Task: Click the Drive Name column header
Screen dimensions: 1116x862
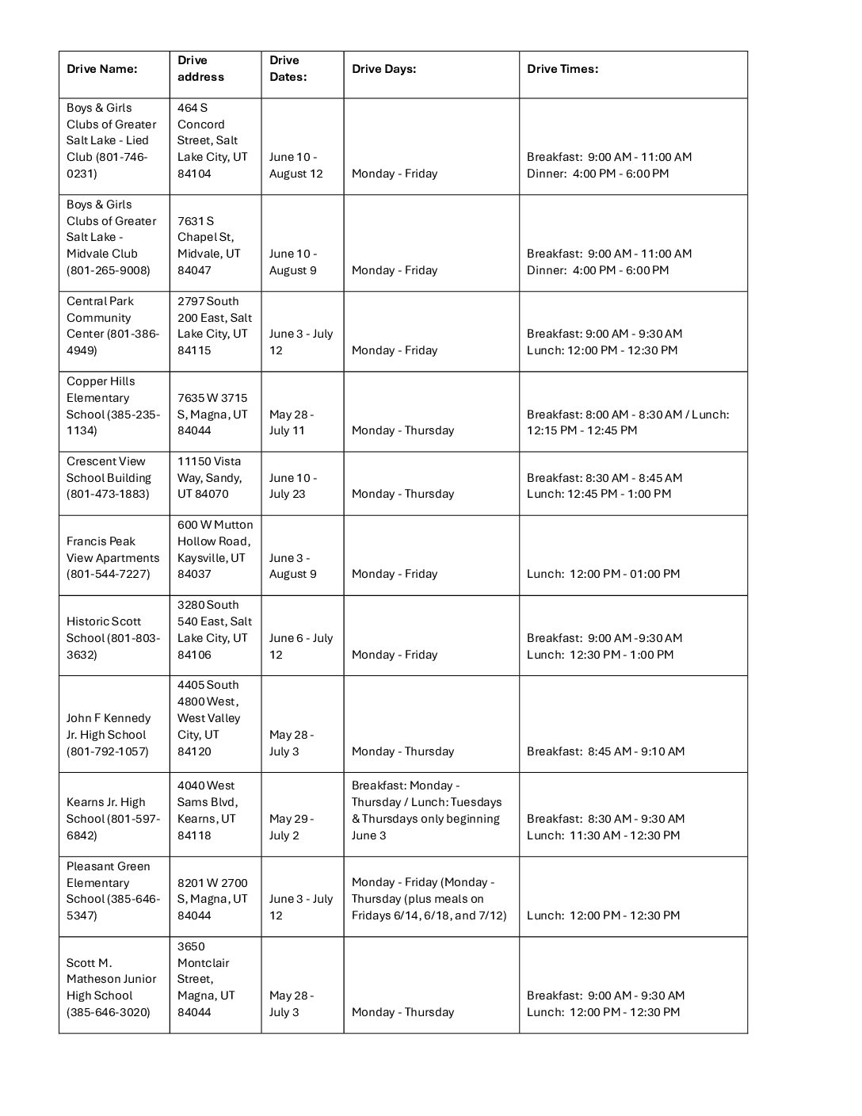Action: (x=102, y=69)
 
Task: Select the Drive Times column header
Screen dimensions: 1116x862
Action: (x=563, y=69)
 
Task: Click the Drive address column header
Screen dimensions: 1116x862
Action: (x=200, y=69)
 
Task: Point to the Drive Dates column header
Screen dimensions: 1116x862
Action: (x=288, y=69)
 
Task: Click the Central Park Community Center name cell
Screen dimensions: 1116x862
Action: (x=113, y=326)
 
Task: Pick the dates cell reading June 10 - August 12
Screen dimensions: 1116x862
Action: (x=296, y=166)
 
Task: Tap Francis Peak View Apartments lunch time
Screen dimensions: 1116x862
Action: (x=603, y=574)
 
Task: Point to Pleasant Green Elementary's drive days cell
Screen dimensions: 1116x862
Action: (x=429, y=899)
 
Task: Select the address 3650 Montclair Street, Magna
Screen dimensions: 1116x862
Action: (x=206, y=980)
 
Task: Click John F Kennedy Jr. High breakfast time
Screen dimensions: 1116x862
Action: (x=605, y=751)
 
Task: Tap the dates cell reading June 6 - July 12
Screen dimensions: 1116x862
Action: (x=300, y=646)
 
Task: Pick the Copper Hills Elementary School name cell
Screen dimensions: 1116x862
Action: (x=113, y=406)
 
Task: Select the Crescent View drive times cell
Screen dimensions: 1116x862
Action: (x=604, y=486)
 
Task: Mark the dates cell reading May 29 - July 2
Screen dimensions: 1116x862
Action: (x=291, y=827)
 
